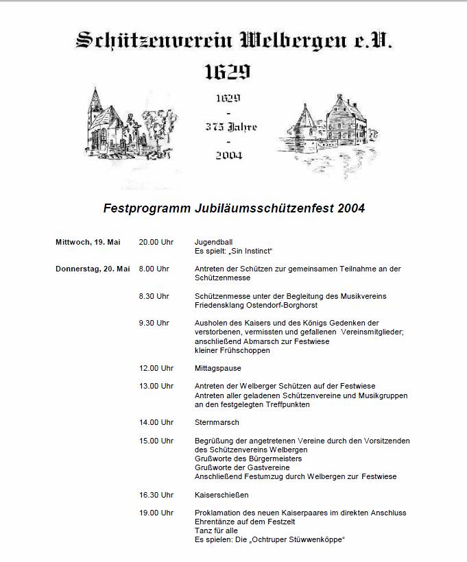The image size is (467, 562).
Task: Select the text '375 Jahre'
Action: [x=231, y=127]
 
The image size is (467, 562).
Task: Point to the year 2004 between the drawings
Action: [x=228, y=155]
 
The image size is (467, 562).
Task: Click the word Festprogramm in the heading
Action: [x=147, y=208]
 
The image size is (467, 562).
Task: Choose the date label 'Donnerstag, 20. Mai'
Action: [x=93, y=269]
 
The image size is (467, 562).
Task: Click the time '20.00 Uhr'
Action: [x=156, y=242]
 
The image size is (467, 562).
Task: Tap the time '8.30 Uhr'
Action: [x=154, y=296]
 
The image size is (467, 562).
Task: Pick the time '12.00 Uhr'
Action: [x=156, y=368]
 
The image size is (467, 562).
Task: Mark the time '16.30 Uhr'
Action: [x=156, y=494]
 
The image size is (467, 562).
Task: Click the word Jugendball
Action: [x=213, y=242]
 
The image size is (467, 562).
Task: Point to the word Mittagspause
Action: [x=218, y=368]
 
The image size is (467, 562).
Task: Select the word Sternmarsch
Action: [x=217, y=422]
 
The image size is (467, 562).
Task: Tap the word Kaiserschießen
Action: [x=221, y=494]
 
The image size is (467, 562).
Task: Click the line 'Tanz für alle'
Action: [x=217, y=530]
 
